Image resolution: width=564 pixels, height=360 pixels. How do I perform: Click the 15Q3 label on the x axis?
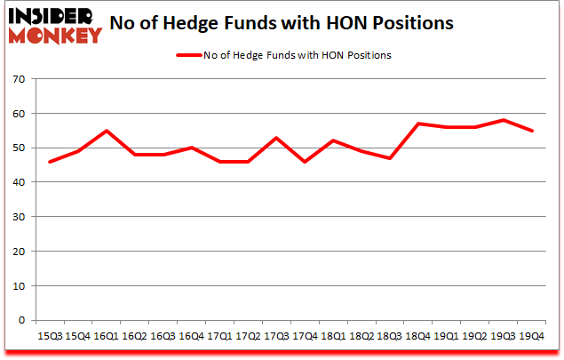click(49, 336)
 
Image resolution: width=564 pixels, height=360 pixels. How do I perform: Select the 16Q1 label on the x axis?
click(106, 336)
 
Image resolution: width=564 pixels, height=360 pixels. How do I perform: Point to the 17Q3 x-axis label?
click(276, 336)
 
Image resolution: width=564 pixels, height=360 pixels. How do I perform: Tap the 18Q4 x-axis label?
click(418, 336)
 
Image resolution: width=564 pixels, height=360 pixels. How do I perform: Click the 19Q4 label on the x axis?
click(532, 336)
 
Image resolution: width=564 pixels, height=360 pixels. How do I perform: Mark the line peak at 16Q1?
click(106, 131)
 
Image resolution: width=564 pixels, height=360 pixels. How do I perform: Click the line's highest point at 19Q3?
click(504, 120)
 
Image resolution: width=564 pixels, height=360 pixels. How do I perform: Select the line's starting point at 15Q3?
click(49, 162)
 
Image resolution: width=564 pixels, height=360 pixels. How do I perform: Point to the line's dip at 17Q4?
click(305, 162)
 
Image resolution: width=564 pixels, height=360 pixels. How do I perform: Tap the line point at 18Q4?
click(418, 124)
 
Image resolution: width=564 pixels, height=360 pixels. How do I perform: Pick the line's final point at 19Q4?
click(532, 131)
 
